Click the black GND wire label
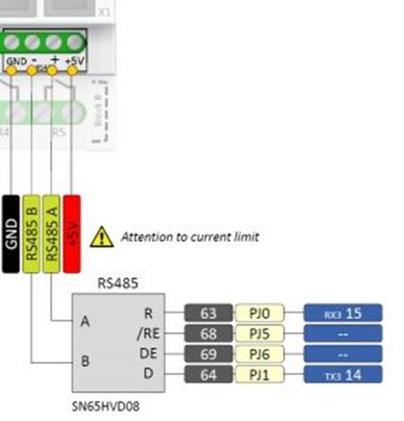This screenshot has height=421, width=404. pyautogui.click(x=12, y=231)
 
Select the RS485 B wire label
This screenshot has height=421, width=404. pyautogui.click(x=32, y=231)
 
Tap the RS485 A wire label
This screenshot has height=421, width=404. pyautogui.click(x=52, y=231)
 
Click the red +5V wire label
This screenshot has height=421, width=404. pyautogui.click(x=72, y=231)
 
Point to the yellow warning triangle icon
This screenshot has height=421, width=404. pyautogui.click(x=102, y=237)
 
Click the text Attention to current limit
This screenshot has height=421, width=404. pyautogui.click(x=189, y=237)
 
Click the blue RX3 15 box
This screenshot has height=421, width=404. pyautogui.click(x=343, y=313)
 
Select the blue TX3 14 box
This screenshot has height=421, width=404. pyautogui.click(x=343, y=373)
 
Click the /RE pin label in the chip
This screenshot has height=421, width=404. pyautogui.click(x=147, y=333)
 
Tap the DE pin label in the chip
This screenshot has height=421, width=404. pyautogui.click(x=147, y=353)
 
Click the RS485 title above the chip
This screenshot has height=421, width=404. pyautogui.click(x=116, y=282)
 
